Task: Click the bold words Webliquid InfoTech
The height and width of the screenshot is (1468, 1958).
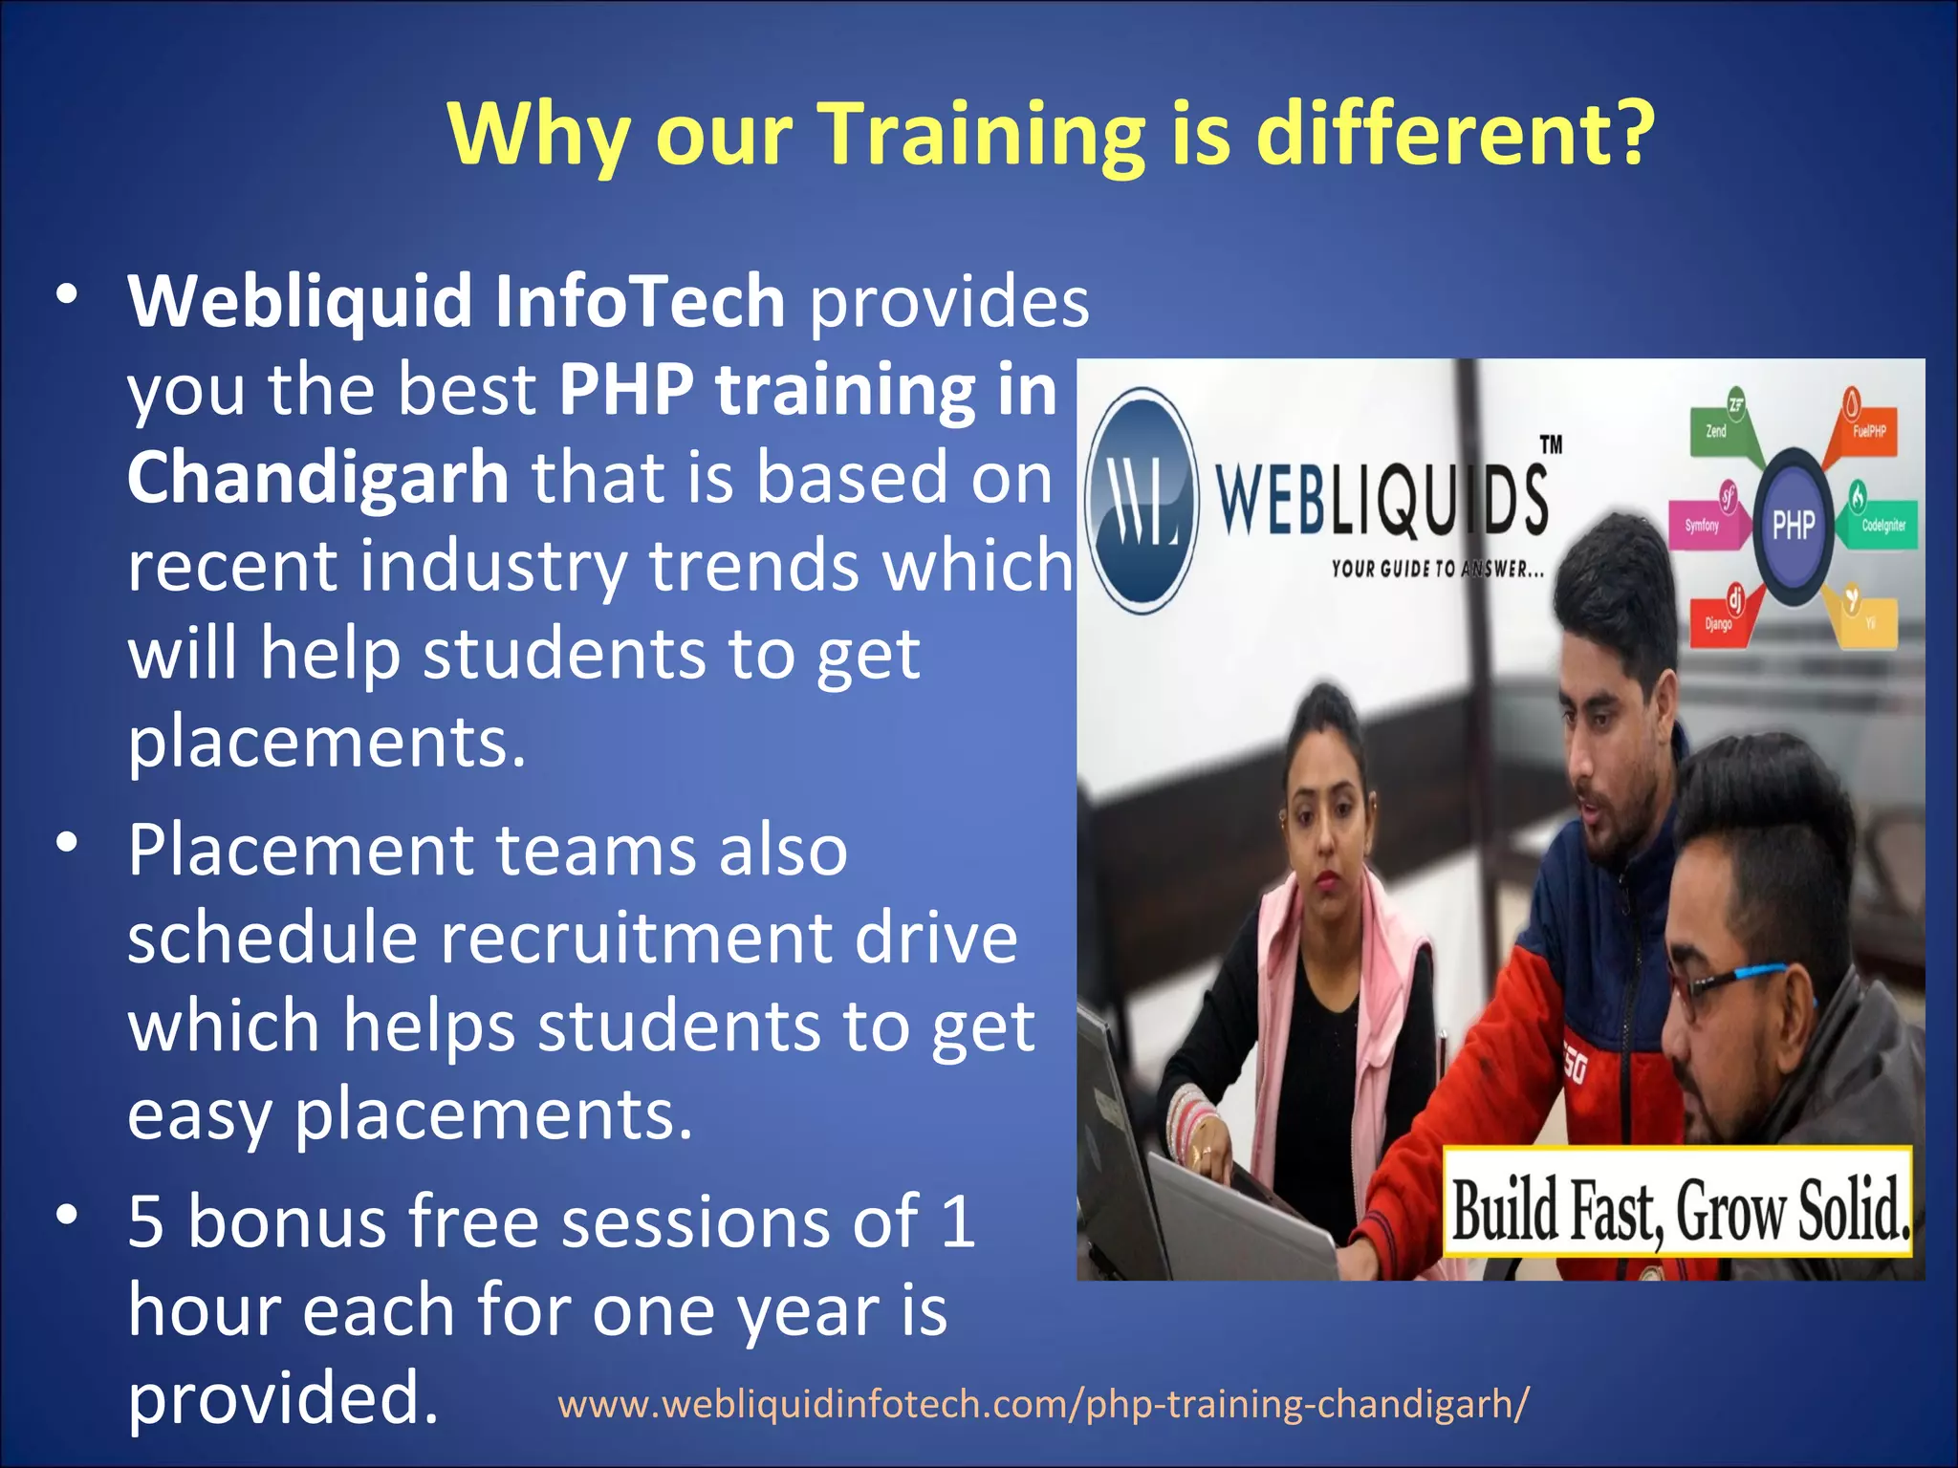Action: (x=457, y=301)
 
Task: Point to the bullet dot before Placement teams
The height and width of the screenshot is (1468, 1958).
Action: (x=66, y=843)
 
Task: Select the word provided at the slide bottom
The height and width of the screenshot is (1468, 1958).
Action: (x=283, y=1397)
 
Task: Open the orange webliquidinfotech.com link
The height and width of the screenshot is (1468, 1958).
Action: (x=1043, y=1404)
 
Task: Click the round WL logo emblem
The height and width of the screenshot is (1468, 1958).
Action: (x=1143, y=501)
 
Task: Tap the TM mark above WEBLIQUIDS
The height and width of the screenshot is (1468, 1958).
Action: (x=1551, y=444)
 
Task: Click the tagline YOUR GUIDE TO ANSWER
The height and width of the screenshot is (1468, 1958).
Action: (x=1437, y=570)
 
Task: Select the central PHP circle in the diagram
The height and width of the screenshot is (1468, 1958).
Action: (x=1794, y=524)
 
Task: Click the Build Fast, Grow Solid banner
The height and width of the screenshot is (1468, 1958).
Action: (x=1679, y=1210)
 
